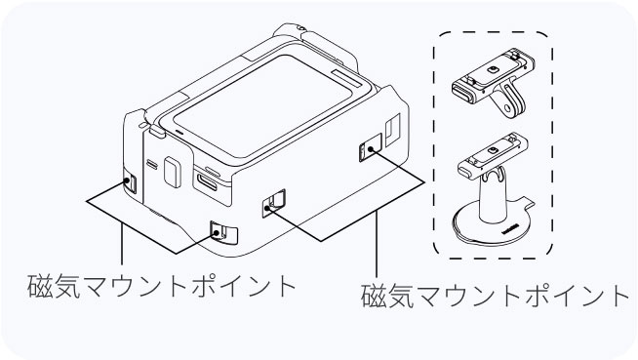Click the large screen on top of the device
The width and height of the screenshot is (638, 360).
tap(262, 105)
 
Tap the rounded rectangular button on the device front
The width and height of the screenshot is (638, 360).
tap(172, 173)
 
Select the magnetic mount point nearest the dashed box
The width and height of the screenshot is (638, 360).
tap(371, 147)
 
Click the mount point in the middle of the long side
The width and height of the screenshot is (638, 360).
tap(273, 203)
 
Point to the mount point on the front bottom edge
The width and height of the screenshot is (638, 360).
tap(223, 232)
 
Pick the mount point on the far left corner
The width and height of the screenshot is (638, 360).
tap(130, 181)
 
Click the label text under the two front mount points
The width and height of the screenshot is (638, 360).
tap(162, 286)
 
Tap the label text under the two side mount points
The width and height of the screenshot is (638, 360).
tap(496, 296)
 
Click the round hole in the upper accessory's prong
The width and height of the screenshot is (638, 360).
tap(506, 108)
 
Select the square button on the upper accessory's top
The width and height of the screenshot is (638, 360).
tap(494, 70)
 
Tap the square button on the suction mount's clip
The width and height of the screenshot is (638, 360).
tap(493, 151)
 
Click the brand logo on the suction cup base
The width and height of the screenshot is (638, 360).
tap(511, 228)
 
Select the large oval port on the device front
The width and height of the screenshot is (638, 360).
tap(208, 181)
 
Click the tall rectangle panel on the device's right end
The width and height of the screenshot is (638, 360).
tap(392, 130)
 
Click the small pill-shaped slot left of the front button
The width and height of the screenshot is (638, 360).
tap(152, 164)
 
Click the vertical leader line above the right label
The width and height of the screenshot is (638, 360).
tap(377, 244)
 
